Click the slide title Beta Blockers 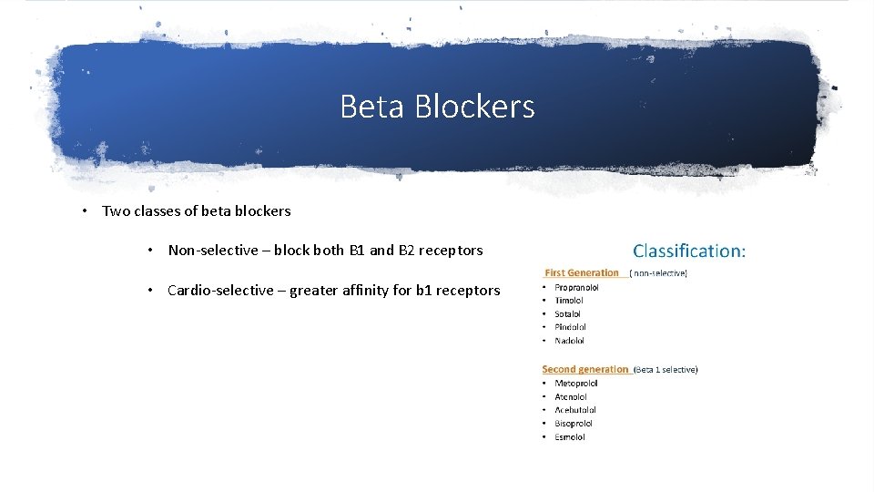437,107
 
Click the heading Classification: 688,251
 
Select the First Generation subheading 581,272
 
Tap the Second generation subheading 584,369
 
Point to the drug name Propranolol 576,287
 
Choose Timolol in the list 569,301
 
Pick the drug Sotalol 567,314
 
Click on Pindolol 570,327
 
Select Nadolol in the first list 569,341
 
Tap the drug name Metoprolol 576,384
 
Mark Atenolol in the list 571,397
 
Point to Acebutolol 575,410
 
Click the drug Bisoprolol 574,424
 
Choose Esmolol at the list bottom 570,437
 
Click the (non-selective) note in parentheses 658,272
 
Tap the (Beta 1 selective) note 666,370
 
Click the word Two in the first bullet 116,211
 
